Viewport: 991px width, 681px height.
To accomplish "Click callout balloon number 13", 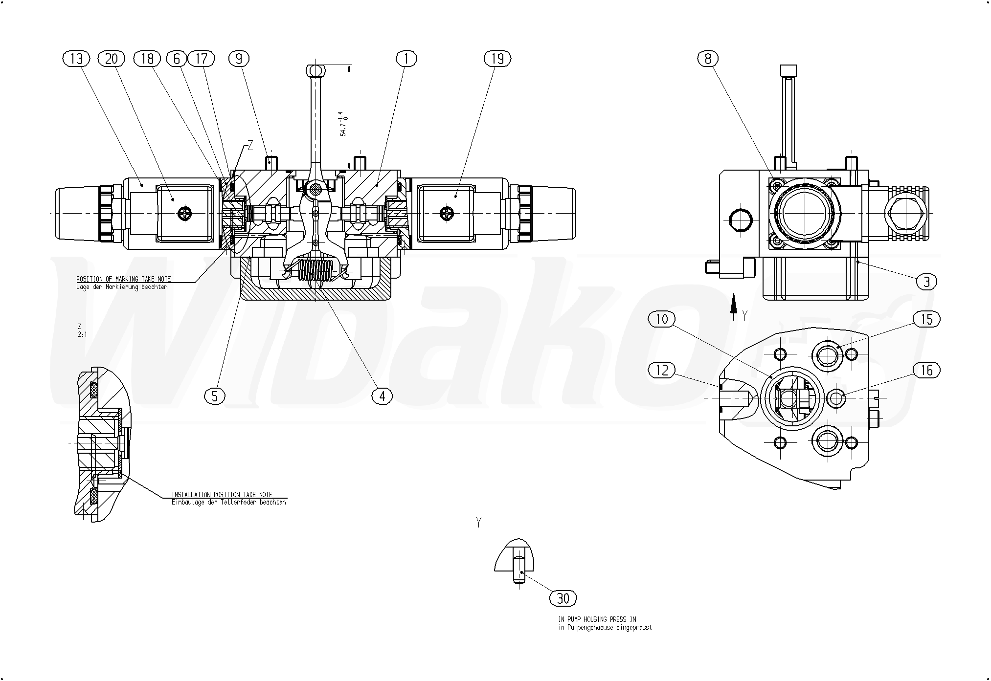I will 77,59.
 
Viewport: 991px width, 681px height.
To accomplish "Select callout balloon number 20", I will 112,59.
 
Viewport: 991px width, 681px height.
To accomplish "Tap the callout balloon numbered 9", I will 239,59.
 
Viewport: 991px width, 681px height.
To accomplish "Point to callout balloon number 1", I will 406,59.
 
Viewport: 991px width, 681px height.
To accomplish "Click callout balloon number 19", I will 497,59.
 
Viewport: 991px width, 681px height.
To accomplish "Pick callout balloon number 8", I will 708,59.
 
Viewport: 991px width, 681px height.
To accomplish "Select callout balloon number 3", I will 926,282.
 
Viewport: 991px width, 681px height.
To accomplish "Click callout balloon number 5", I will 215,396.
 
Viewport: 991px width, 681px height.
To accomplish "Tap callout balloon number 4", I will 382,396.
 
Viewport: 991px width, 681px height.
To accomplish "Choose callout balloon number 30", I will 563,598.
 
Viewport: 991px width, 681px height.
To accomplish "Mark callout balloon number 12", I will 661,371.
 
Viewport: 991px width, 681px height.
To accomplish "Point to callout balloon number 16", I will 926,371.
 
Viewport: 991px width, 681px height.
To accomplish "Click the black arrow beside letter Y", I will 733,306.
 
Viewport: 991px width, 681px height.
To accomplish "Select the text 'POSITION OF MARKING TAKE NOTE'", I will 123,279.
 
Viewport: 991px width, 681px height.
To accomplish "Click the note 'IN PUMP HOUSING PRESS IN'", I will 597,619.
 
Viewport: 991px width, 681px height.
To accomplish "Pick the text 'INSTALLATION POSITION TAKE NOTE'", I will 222,495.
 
